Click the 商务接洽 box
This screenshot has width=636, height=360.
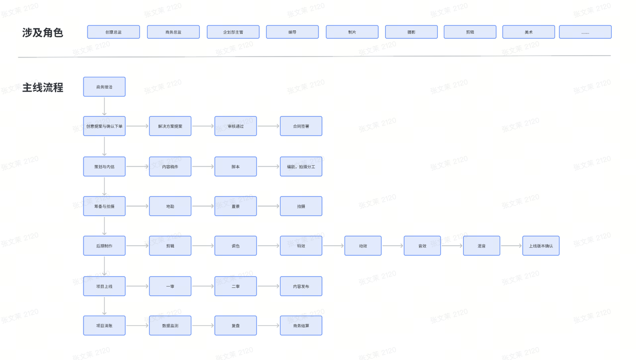104,87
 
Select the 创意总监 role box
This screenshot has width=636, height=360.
113,32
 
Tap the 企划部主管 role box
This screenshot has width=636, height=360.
233,32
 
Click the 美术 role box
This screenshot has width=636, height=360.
528,32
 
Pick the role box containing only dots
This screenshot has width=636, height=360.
585,32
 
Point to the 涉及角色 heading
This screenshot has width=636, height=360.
43,33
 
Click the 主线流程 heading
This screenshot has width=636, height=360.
43,88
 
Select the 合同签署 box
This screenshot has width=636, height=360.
301,126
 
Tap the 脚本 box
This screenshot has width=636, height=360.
236,166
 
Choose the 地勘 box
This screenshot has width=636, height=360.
170,206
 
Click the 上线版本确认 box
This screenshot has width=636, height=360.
541,246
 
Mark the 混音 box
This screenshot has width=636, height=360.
481,246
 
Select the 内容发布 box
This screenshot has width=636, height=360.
301,286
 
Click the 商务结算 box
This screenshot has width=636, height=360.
301,326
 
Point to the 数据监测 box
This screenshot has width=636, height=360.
170,326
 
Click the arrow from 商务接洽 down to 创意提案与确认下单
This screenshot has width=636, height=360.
104,106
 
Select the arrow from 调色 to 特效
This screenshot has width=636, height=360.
268,246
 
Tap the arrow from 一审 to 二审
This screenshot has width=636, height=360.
203,286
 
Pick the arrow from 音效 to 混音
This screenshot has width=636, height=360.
452,246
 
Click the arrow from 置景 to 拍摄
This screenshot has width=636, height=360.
268,206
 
